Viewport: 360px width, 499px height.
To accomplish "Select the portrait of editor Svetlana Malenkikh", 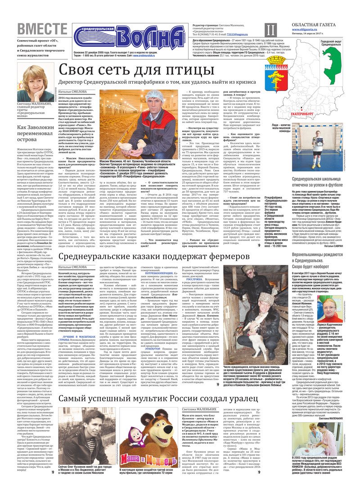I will pos(35,82).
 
